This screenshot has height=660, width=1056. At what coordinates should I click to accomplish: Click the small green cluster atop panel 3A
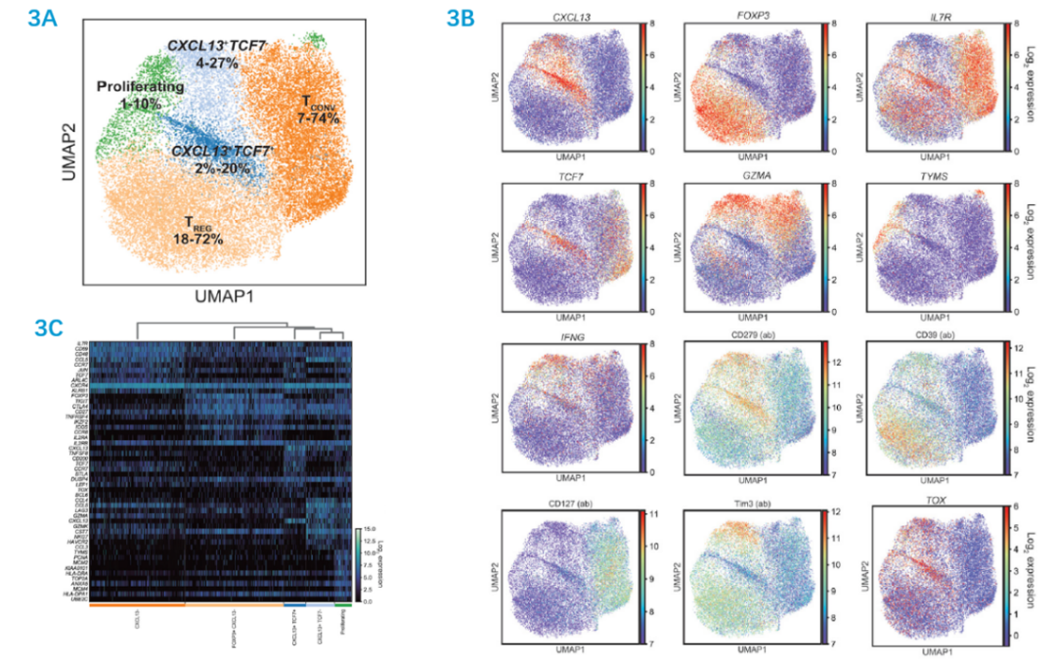[x=314, y=38]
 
